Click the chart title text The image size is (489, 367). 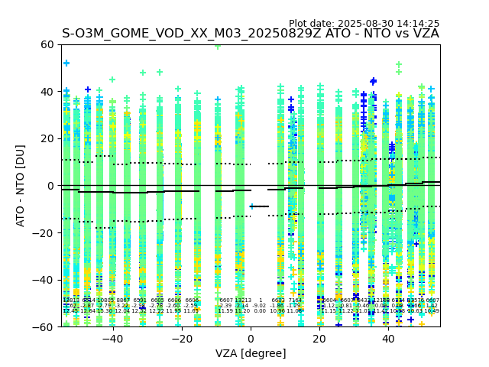point(251,34)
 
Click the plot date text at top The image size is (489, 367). point(364,24)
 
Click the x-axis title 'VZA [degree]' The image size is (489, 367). point(251,353)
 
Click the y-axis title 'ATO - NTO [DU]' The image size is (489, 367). point(21,186)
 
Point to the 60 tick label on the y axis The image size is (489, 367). point(47,44)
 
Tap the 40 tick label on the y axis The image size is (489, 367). point(47,92)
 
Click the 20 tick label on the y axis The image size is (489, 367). point(47,138)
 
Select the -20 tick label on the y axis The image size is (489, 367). point(44,232)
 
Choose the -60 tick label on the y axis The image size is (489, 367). point(44,326)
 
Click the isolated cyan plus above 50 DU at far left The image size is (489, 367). point(66,63)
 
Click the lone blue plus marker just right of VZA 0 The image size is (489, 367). point(252,206)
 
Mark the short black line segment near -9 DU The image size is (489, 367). point(260,206)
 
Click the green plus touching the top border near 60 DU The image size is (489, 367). point(218,46)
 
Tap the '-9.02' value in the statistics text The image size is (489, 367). point(260,306)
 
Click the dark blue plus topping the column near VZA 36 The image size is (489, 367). point(374,81)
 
